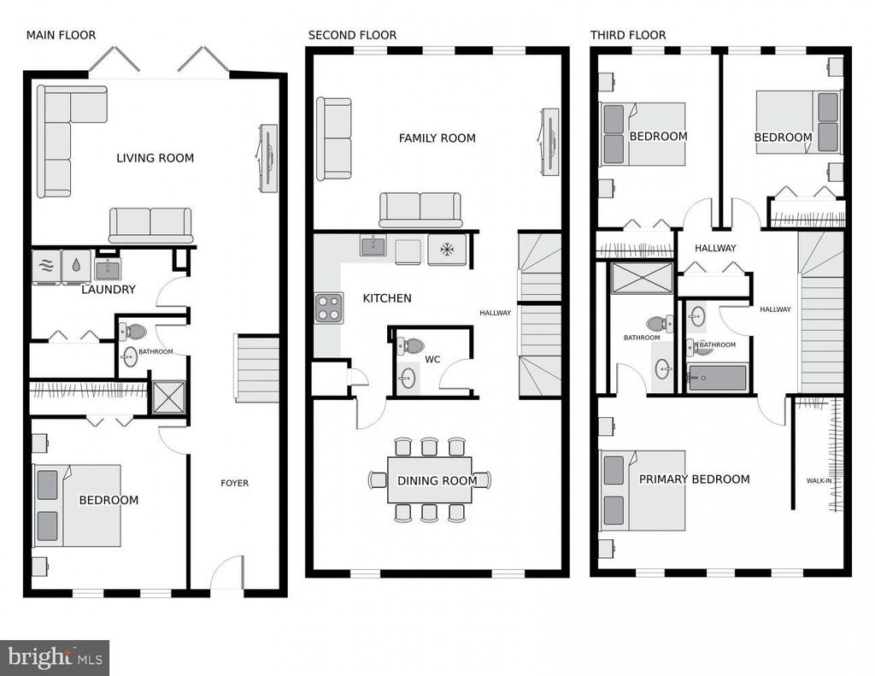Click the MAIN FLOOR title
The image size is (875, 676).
[x=61, y=35]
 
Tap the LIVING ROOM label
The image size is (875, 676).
[x=156, y=158]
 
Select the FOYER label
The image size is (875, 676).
[x=234, y=483]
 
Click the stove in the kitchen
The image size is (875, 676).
[x=329, y=309]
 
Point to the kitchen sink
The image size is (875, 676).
[x=373, y=245]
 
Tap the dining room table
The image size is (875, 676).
[x=430, y=480]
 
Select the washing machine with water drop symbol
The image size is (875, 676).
[x=76, y=267]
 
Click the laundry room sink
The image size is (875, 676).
[x=108, y=269]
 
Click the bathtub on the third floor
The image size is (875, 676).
[x=717, y=378]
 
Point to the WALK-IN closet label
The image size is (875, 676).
[x=819, y=480]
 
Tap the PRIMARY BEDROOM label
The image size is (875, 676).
[x=694, y=479]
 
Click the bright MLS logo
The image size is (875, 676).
[x=55, y=657]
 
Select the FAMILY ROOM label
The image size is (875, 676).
[x=437, y=138]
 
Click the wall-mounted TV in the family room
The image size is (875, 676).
[x=549, y=142]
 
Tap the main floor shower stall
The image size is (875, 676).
[x=168, y=397]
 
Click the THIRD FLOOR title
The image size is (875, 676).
[x=628, y=35]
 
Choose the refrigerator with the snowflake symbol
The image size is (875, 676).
[x=447, y=249]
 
